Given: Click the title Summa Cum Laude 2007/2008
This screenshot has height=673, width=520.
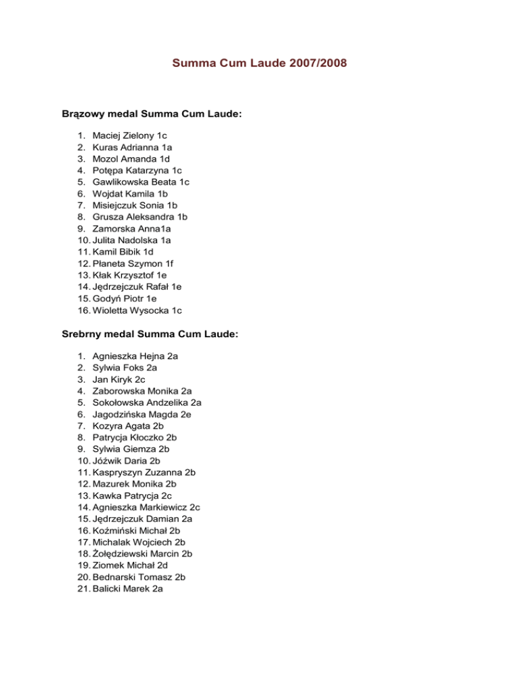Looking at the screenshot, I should coord(260,64).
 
